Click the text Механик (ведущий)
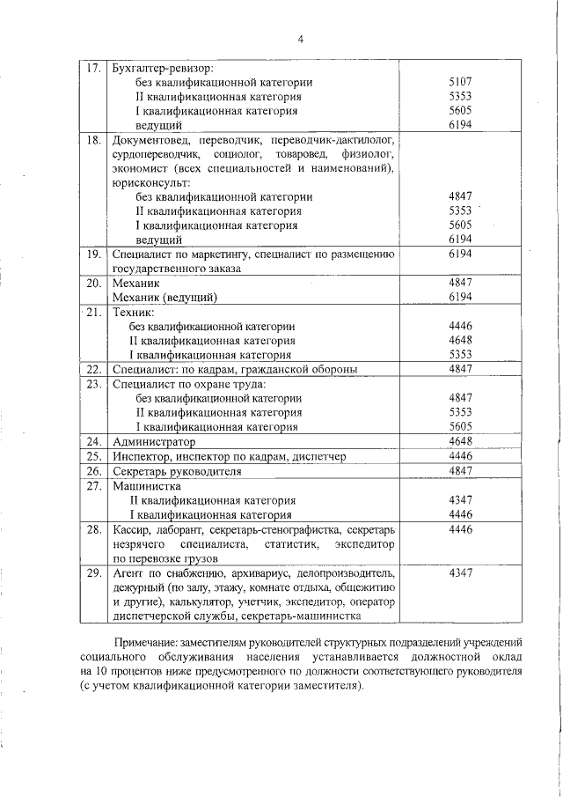click(165, 298)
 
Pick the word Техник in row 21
click(134, 312)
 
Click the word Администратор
click(154, 441)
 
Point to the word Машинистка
click(147, 485)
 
